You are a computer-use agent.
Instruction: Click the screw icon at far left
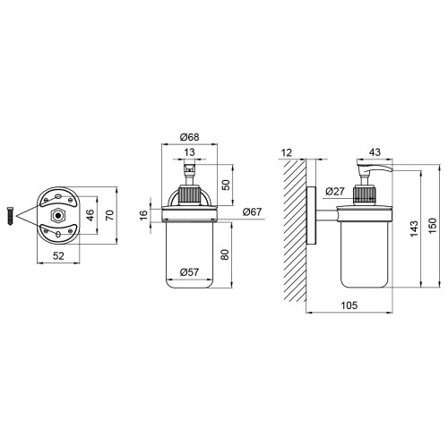10,216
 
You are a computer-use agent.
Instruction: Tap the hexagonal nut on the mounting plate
58,215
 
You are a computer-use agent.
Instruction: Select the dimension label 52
58,256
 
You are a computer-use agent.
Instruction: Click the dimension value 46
90,214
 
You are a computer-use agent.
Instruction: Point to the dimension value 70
110,215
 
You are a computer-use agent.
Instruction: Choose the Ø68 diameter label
189,137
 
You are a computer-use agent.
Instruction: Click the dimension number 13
189,152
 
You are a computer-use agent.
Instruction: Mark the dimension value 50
226,185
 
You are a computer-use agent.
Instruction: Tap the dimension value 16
143,215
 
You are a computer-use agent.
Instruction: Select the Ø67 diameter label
252,211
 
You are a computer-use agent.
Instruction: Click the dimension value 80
225,254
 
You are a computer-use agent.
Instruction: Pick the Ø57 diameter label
189,272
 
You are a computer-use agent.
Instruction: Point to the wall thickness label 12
287,152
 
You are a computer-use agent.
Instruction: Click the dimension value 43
375,152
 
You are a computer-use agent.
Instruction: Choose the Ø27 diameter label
335,191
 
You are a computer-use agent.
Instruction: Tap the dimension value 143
414,228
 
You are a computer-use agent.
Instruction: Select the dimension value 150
433,226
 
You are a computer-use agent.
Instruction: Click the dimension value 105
349,306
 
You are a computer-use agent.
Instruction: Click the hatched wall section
295,230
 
